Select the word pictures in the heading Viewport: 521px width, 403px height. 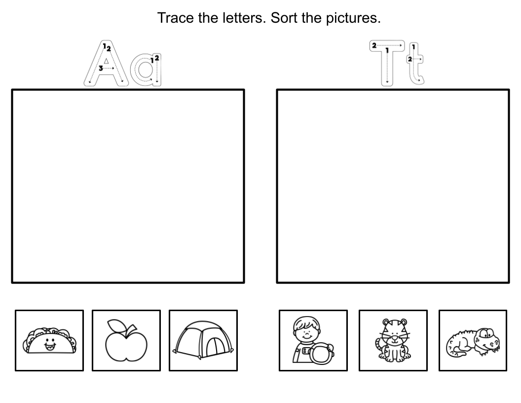click(x=354, y=18)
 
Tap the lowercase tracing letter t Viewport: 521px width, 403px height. click(x=415, y=64)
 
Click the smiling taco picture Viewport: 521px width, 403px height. click(x=49, y=340)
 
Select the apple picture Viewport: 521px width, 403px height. click(x=126, y=342)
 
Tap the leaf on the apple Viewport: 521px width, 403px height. click(x=117, y=326)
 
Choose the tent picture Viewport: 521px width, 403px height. click(x=203, y=340)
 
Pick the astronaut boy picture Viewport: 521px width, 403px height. click(x=313, y=341)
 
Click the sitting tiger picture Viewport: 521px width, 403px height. click(x=393, y=341)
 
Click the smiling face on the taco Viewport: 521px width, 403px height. click(x=49, y=342)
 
